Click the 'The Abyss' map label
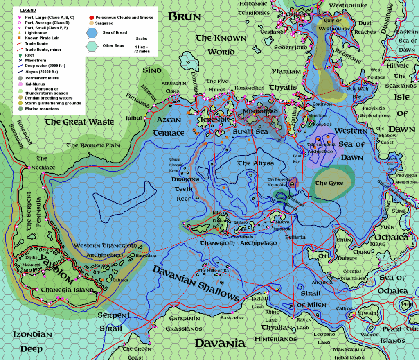256,163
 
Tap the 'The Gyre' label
329,183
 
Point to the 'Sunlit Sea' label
250,132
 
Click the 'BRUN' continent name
185,17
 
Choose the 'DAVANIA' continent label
219,343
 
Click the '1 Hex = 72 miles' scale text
142,49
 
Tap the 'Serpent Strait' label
113,322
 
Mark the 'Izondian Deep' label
32,342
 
